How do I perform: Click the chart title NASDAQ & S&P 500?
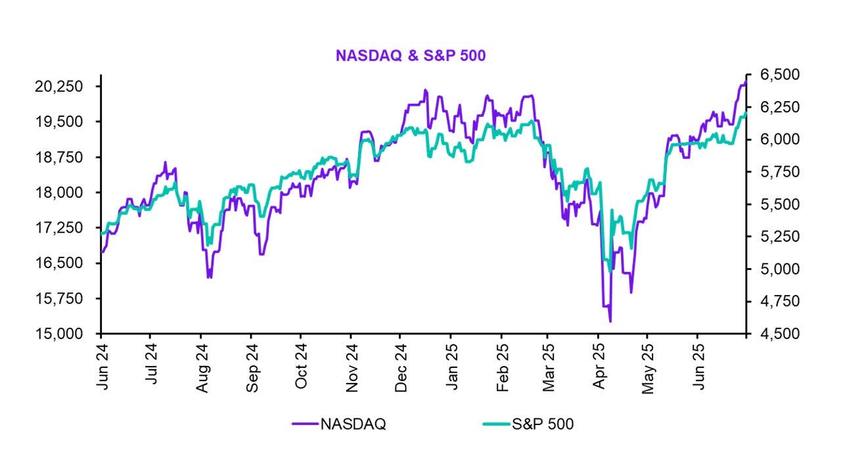coord(411,56)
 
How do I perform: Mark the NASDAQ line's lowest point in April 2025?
coord(610,321)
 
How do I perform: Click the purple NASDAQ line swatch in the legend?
coord(305,424)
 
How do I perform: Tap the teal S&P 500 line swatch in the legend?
coord(496,424)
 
